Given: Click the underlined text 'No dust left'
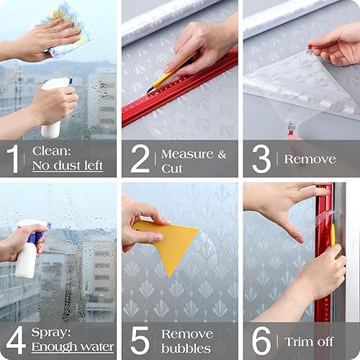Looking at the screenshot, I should (68, 166).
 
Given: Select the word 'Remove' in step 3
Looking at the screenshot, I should (310, 159).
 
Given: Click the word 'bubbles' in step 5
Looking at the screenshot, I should (186, 348).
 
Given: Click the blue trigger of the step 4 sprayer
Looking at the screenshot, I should (35, 235).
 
